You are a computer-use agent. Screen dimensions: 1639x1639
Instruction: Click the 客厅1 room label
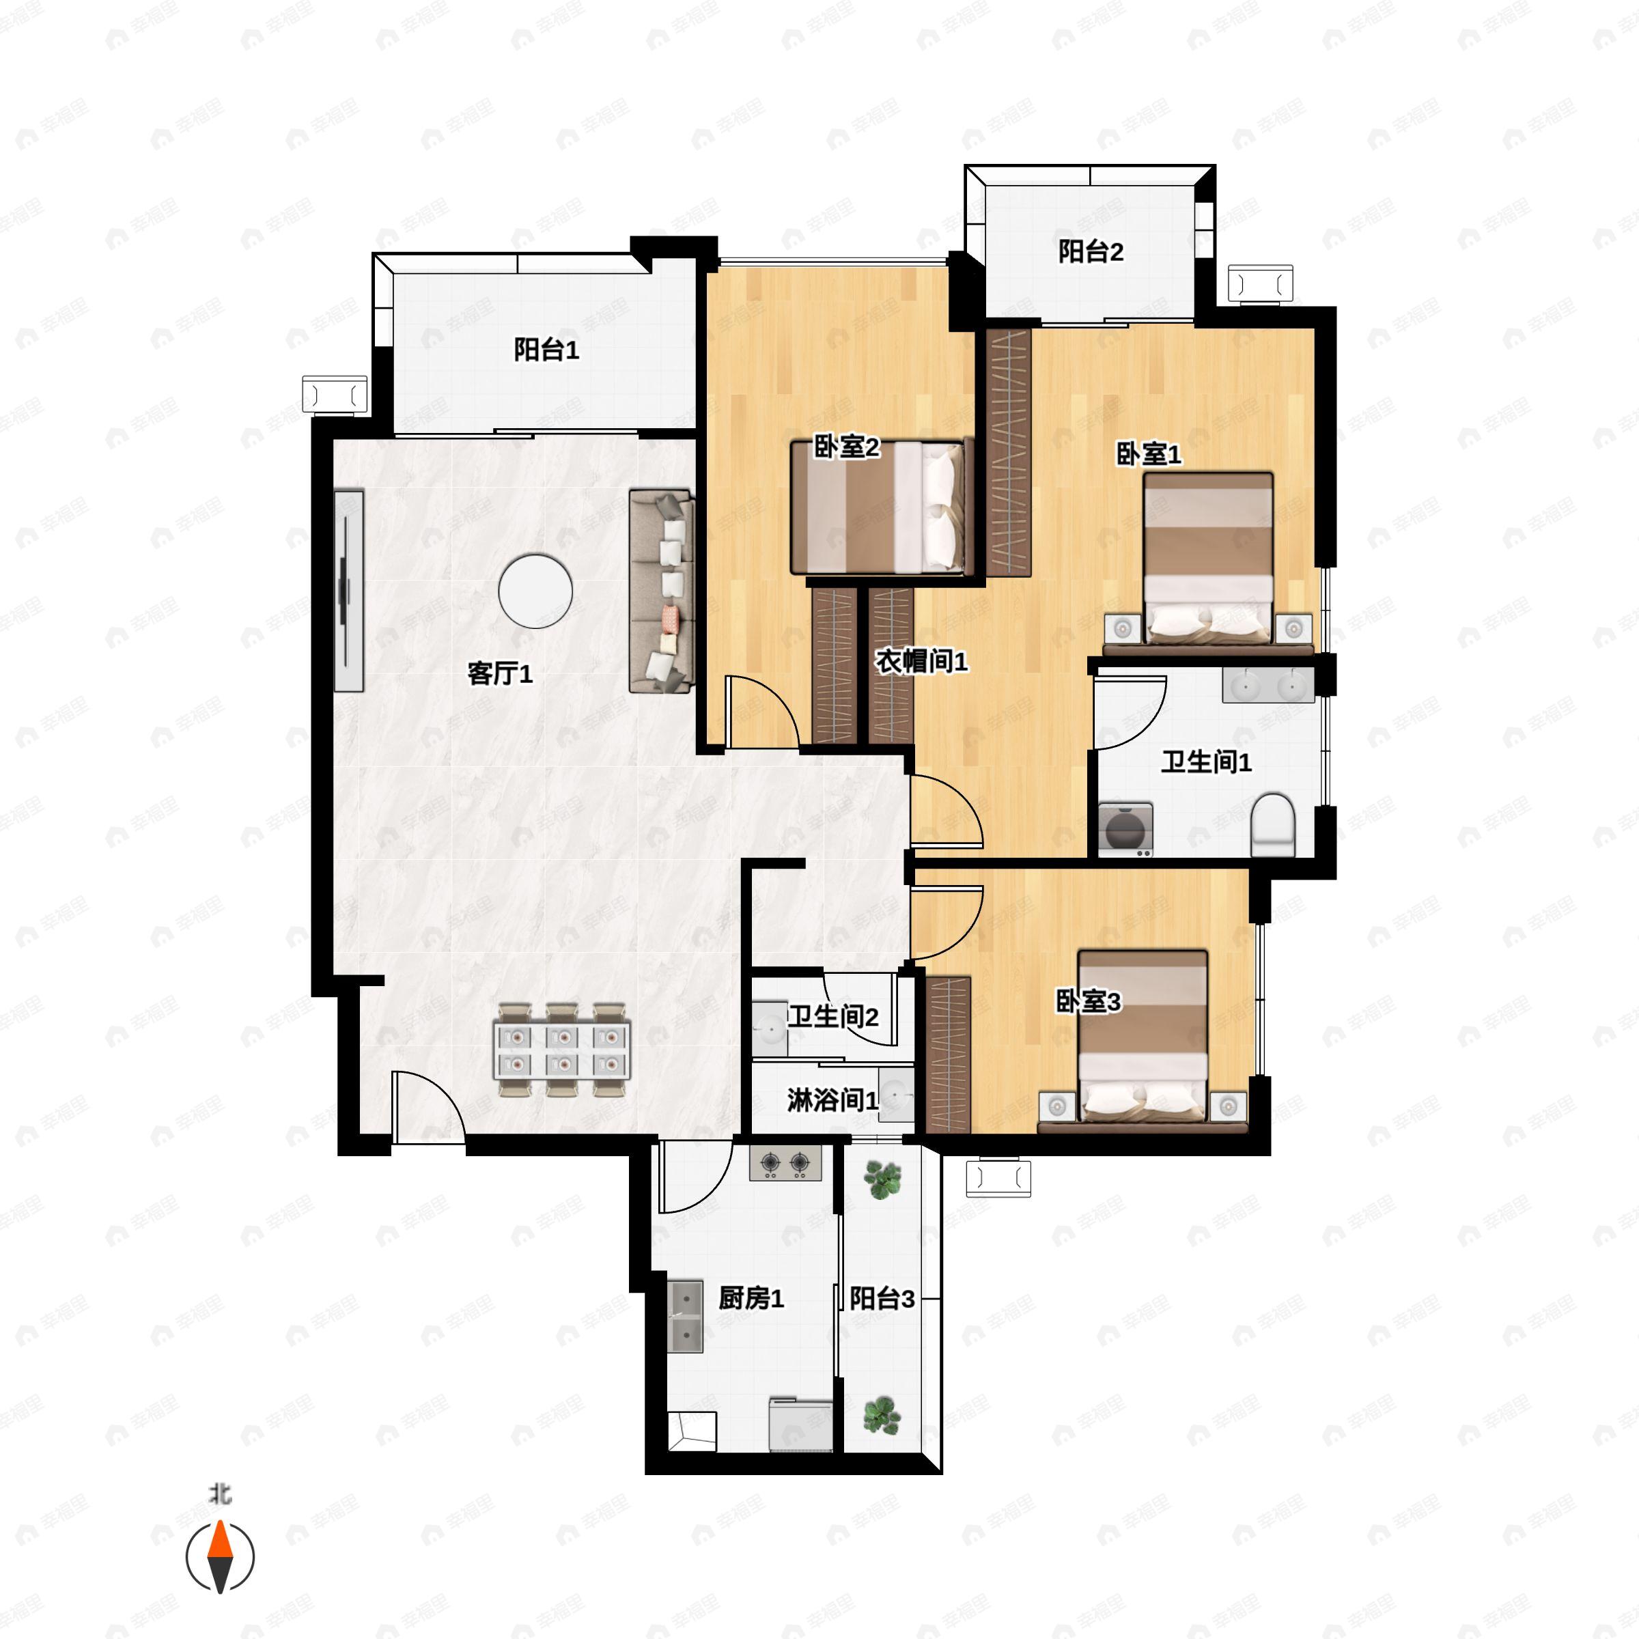click(500, 673)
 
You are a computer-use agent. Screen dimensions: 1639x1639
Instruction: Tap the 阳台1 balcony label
click(546, 350)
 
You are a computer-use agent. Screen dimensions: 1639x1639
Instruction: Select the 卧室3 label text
click(1088, 1001)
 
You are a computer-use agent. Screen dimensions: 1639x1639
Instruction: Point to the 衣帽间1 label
click(921, 661)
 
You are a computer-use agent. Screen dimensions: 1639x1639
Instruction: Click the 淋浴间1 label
click(831, 1100)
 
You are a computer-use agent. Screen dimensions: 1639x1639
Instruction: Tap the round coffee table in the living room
click(535, 591)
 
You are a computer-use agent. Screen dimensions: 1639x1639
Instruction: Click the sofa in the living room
click(662, 591)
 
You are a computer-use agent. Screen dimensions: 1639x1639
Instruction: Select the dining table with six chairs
click(561, 1050)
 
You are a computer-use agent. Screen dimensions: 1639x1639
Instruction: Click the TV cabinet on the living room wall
click(348, 591)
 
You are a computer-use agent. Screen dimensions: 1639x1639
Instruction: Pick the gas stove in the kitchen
click(785, 1163)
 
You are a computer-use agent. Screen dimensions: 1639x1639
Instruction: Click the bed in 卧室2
click(880, 507)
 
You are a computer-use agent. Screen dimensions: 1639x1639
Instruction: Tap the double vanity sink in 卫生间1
click(1267, 684)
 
